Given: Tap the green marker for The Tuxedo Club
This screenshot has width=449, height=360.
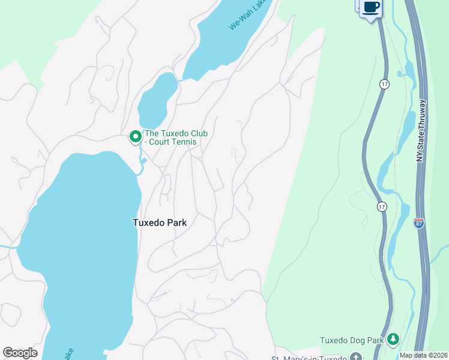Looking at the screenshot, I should [136, 137].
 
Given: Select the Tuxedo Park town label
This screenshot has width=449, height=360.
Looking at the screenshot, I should [160, 223].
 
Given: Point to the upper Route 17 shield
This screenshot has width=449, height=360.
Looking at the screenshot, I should [384, 85].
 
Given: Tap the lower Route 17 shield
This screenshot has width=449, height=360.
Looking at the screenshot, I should [382, 206].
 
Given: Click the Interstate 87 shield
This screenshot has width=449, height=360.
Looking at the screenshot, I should [419, 223].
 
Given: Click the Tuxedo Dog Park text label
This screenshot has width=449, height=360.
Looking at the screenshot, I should [351, 340].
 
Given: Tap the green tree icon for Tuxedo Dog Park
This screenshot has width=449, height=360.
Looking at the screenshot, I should [393, 340].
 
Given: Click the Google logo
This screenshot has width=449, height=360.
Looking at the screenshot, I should [20, 353].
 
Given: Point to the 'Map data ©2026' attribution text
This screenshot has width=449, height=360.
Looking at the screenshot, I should [423, 355].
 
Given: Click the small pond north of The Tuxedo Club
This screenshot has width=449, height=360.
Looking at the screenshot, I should [157, 99].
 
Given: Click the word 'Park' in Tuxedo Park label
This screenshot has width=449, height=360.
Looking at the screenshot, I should [176, 223].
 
